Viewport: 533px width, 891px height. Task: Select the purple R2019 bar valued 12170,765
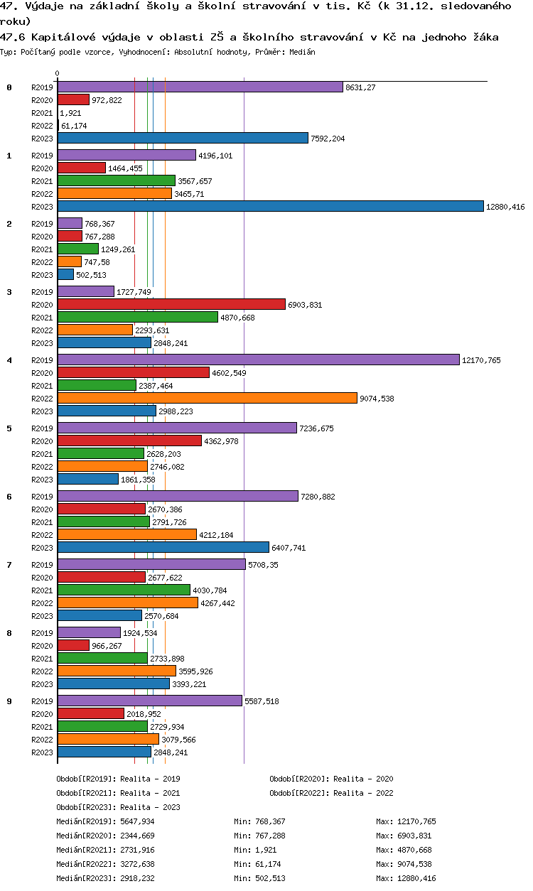(258, 360)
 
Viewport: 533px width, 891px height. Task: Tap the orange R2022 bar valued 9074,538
(207, 398)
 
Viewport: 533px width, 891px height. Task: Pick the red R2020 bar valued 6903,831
(171, 304)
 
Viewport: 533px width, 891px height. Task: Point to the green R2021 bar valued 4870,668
(137, 317)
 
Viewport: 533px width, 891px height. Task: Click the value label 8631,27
(360, 87)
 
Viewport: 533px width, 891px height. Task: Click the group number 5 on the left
(9, 428)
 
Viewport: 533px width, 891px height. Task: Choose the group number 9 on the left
(9, 701)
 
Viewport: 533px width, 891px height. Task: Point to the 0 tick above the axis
(57, 74)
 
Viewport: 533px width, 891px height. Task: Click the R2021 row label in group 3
(42, 318)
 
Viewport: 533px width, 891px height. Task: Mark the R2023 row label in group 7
(42, 616)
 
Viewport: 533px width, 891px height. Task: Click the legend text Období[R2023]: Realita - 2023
(118, 808)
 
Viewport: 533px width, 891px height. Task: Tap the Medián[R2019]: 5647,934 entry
(105, 822)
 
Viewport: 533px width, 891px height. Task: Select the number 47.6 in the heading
(12, 37)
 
